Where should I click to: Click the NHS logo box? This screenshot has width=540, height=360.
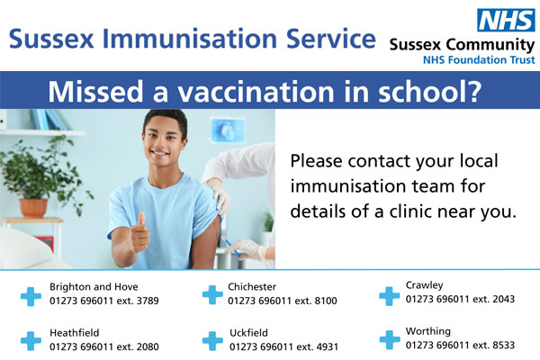506,20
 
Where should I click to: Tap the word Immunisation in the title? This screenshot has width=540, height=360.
190,39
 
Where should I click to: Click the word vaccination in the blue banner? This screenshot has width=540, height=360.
256,91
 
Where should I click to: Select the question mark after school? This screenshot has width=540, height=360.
474,91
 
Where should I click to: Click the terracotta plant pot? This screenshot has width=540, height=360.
33,208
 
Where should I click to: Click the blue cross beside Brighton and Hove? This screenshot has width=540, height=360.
31,296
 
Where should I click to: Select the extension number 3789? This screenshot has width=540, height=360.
148,301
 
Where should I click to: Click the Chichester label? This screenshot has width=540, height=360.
252,286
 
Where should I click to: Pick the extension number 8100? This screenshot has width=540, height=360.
326,301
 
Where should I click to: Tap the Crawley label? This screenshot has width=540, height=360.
424,285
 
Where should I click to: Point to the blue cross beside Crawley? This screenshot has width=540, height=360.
390,296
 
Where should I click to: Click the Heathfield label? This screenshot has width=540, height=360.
75,333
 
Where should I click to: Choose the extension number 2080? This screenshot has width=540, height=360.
148,346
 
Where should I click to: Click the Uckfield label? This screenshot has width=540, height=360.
248,333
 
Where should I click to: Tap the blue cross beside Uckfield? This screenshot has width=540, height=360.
212,341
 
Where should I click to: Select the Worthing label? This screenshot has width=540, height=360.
428,332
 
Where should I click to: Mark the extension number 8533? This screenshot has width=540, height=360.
503,346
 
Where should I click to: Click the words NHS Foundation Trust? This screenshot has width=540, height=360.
479,60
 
